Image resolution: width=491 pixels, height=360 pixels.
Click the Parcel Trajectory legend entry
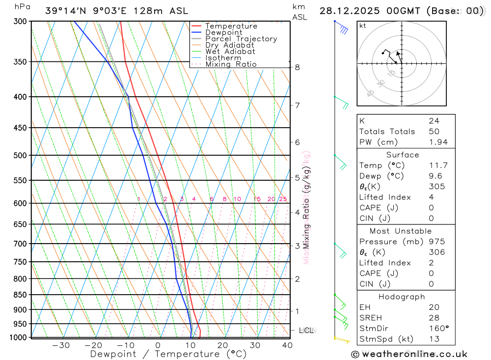pos(241,39)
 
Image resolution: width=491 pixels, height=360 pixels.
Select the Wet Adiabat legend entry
pos(230,52)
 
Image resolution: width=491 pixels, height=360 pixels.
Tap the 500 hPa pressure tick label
pos(20,156)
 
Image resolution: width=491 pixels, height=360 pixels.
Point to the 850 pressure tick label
pos(20,295)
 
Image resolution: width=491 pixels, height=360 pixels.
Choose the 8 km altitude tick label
pos(298,67)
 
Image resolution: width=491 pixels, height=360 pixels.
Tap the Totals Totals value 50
pos(434,132)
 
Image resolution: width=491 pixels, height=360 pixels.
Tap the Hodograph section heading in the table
pos(402,297)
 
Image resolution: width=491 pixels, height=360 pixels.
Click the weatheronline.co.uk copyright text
pos(409,354)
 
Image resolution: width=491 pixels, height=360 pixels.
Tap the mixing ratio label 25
pos(283,199)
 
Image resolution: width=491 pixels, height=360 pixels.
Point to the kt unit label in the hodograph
pos(362,26)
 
